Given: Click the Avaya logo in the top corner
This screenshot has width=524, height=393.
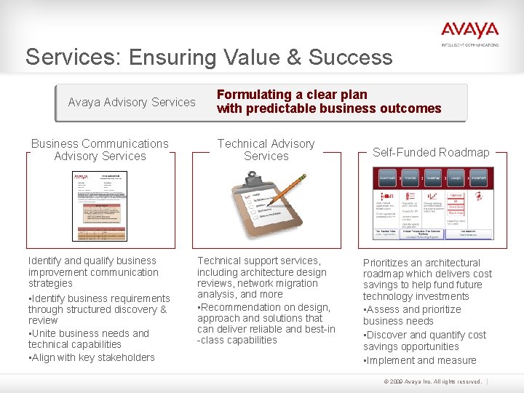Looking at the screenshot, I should pos(469,32).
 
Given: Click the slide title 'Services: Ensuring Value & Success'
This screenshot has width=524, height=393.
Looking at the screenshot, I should pos(209,57).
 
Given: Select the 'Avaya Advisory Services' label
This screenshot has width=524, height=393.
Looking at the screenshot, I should pos(132,102).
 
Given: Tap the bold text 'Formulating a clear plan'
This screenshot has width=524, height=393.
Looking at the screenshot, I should pos(292,95).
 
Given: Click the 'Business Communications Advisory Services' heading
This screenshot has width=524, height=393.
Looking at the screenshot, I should pos(100,150).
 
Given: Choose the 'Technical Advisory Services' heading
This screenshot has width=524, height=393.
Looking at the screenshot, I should pos(266,150).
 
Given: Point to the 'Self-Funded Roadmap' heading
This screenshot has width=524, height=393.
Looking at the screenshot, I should pos(431,152).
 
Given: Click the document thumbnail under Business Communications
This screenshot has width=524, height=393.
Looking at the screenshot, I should pos(100,206).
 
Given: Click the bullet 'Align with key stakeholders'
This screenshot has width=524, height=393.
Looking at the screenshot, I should pos(92,357).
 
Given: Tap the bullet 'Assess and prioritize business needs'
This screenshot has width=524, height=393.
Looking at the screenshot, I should pos(412,315).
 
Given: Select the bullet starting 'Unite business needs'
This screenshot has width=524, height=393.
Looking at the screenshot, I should pos(89,339).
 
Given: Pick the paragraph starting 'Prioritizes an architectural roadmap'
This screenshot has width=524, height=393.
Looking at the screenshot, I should pos(427,279).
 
